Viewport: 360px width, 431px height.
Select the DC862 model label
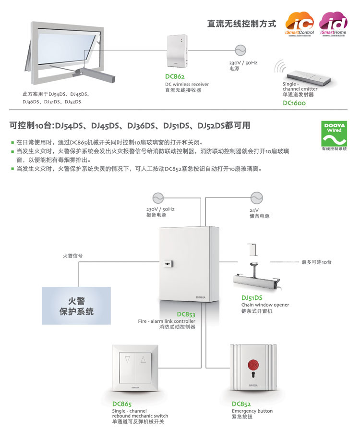point(175,77)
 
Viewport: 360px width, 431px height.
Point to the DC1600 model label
point(294,103)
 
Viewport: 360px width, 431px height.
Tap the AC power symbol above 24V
point(254,197)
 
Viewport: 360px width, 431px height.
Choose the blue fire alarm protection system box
point(76,306)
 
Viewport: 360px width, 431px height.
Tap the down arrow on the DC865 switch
point(127,359)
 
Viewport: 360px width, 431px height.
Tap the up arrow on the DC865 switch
point(143,359)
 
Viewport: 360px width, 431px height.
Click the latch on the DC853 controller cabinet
point(167,264)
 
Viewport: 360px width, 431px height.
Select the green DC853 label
point(186,314)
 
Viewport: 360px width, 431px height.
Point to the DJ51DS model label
point(252,298)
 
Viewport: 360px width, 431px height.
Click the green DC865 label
point(122,404)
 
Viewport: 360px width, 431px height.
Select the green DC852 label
point(241,404)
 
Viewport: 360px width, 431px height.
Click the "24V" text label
point(253,210)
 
